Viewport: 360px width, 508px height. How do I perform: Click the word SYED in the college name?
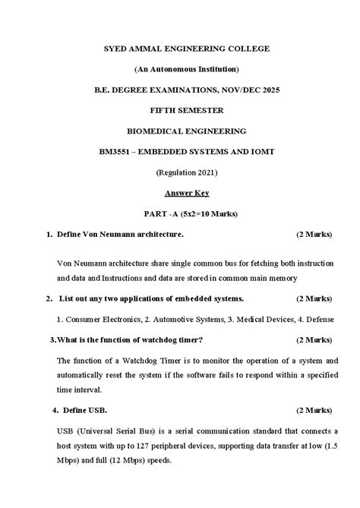click(117, 49)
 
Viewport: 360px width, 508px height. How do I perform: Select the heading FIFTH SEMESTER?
click(187, 110)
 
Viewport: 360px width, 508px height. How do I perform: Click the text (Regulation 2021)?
click(187, 172)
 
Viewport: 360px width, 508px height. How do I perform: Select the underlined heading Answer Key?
click(187, 193)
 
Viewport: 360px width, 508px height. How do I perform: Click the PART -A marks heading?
click(187, 214)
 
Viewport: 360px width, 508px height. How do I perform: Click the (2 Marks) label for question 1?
click(314, 235)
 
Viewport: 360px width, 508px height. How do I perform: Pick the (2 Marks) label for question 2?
click(314, 298)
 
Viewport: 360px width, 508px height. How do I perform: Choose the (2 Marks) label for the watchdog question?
click(314, 339)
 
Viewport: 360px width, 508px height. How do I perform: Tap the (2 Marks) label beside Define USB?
click(314, 410)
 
